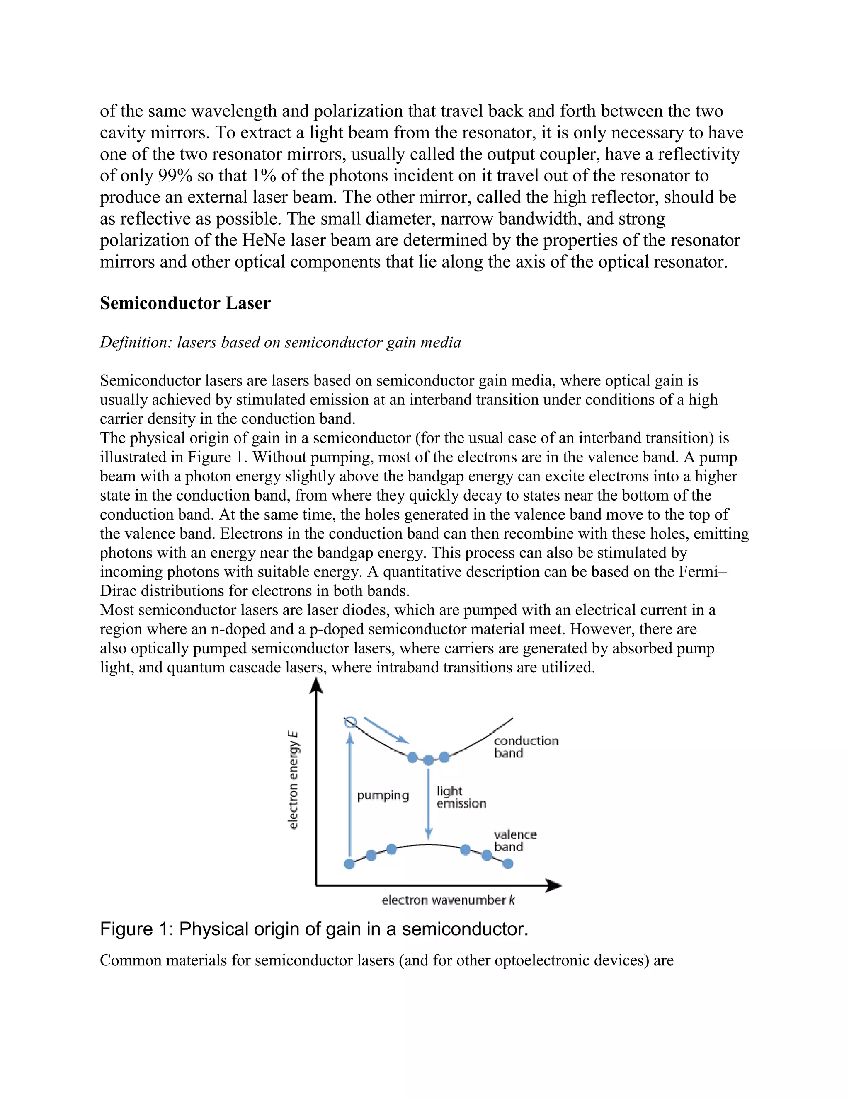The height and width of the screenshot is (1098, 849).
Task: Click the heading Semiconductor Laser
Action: [185, 303]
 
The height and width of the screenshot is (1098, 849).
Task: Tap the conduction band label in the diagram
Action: [525, 747]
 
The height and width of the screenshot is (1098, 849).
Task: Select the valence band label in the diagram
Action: [515, 840]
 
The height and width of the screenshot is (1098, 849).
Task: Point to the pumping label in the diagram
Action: [383, 796]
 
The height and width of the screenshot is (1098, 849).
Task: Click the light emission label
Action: [461, 797]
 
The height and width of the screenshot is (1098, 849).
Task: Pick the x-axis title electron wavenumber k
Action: [448, 900]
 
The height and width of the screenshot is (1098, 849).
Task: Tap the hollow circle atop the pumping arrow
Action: [350, 723]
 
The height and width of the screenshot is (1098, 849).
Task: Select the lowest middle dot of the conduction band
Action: [428, 760]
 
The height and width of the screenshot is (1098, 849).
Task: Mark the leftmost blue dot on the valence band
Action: [349, 864]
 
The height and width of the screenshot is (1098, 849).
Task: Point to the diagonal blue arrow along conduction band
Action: [386, 730]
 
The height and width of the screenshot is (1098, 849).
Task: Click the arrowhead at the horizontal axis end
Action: [554, 886]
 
